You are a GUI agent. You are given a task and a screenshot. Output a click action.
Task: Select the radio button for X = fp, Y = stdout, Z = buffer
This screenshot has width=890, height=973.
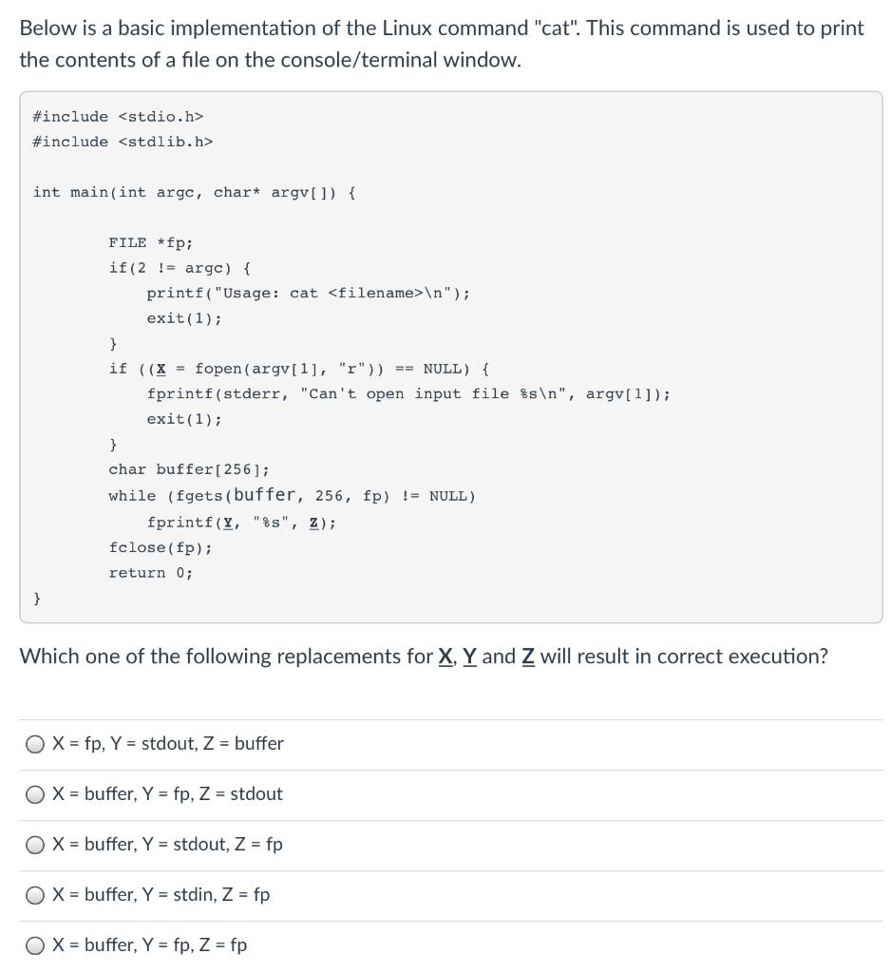pyautogui.click(x=35, y=744)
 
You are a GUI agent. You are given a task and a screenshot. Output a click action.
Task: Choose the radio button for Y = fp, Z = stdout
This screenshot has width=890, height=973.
pyautogui.click(x=35, y=794)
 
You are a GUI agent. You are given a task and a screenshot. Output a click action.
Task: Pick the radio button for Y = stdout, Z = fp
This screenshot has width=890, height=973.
pyautogui.click(x=35, y=845)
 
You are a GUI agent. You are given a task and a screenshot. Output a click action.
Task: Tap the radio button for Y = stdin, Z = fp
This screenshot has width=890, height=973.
pyautogui.click(x=35, y=895)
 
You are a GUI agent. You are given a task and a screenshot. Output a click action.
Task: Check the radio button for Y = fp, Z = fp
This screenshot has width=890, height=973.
pyautogui.click(x=35, y=945)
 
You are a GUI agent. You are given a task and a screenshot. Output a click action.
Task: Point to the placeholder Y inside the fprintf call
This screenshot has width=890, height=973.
pyautogui.click(x=225, y=523)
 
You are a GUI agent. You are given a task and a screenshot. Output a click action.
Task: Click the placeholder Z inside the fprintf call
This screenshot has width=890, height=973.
pyautogui.click(x=312, y=523)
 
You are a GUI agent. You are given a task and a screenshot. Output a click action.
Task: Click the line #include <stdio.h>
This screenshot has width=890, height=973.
pyautogui.click(x=118, y=116)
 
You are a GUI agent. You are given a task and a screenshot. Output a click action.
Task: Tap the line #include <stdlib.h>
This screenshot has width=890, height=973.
pyautogui.click(x=123, y=142)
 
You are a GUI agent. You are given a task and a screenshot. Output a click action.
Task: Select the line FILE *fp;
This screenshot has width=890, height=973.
pyautogui.click(x=150, y=242)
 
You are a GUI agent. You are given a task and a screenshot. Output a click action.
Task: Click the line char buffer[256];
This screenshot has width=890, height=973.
pyautogui.click(x=189, y=469)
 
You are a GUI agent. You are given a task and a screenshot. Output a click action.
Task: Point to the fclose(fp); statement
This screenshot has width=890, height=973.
pyautogui.click(x=161, y=547)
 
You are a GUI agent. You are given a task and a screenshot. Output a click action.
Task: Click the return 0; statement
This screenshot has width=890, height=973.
pyautogui.click(x=150, y=572)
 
